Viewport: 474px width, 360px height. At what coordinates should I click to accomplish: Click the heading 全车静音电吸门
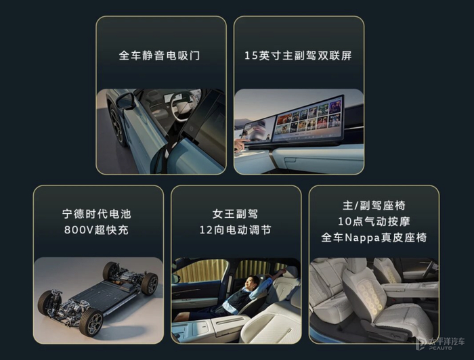tap(159, 55)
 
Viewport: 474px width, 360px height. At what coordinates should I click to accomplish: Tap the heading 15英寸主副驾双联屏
tap(298, 55)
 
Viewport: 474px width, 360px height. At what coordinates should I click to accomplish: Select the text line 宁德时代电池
tap(97, 214)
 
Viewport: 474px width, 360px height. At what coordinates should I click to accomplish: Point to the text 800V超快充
tap(96, 230)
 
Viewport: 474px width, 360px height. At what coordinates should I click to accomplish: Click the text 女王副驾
tap(235, 214)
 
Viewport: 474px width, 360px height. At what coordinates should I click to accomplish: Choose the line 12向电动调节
tap(235, 230)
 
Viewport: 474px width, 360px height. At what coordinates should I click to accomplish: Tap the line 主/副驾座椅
tap(374, 206)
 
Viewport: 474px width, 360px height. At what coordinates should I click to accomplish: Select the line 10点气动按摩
tap(374, 222)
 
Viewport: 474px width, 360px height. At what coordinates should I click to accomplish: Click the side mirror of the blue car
tap(125, 102)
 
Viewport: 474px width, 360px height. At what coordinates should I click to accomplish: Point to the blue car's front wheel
tap(117, 125)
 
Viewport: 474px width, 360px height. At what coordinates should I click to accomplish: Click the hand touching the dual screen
tap(240, 144)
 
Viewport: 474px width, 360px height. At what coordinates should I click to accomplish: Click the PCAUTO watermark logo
tap(439, 343)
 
